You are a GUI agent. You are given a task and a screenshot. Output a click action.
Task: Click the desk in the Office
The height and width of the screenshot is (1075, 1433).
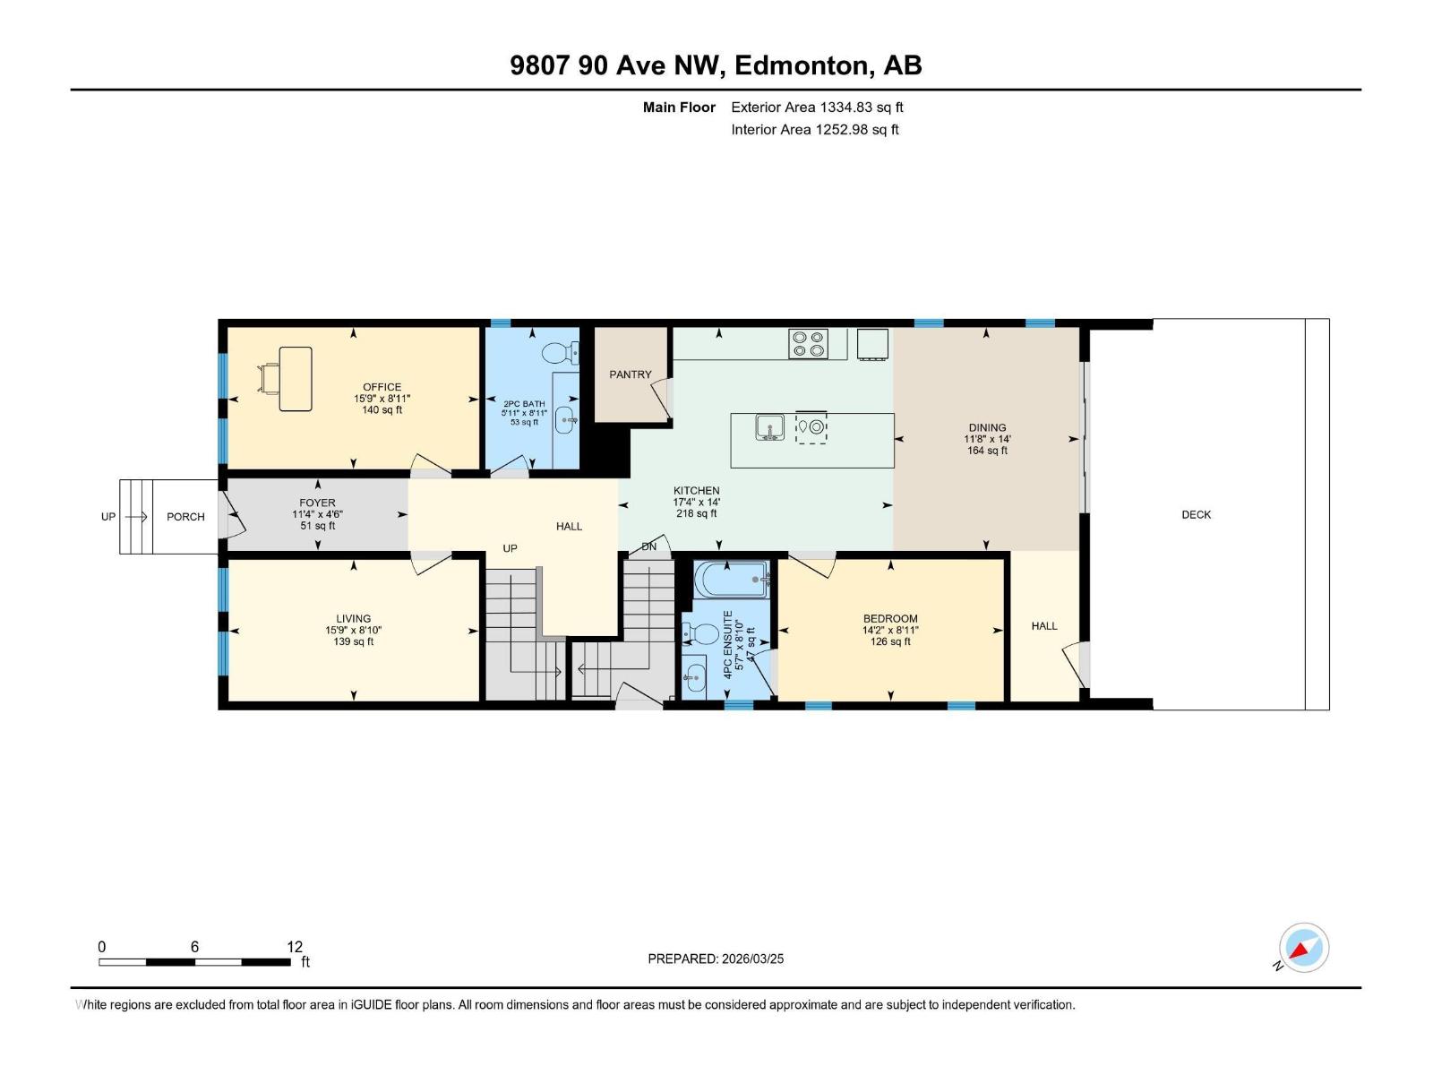[295, 379]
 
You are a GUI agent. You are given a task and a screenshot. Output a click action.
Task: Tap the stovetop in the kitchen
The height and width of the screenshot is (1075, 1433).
[808, 344]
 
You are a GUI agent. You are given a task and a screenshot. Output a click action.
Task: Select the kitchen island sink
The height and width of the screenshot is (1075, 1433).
[769, 427]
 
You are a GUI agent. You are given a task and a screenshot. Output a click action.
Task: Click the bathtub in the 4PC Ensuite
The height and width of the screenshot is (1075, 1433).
[732, 579]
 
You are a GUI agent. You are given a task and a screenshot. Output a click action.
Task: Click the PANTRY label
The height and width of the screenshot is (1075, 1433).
[631, 374]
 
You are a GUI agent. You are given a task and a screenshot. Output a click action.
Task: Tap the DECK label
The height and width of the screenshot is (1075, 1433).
[1196, 514]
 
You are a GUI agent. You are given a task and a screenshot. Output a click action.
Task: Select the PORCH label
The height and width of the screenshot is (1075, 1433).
[185, 517]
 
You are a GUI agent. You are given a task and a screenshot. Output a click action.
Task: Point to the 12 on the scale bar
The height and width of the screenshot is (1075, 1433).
[295, 947]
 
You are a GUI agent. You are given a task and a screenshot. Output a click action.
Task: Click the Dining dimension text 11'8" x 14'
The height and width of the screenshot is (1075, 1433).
[987, 439]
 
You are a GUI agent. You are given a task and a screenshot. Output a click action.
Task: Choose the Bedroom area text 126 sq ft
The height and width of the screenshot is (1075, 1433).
[890, 641]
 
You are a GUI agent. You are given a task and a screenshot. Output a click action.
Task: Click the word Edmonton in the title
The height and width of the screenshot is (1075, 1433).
[803, 65]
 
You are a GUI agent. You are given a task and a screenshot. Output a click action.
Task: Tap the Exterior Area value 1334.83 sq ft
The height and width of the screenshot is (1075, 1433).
[861, 107]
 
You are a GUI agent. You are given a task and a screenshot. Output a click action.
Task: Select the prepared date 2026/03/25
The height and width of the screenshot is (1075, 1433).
[751, 959]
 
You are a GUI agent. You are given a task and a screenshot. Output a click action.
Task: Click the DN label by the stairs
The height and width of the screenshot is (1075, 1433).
[649, 546]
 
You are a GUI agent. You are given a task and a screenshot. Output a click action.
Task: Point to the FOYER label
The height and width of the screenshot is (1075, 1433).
[317, 503]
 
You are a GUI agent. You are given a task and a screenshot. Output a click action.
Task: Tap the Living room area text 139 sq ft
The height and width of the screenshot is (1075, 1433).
[353, 641]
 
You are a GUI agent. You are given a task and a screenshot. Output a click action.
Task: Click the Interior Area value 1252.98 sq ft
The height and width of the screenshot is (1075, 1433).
[856, 130]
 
